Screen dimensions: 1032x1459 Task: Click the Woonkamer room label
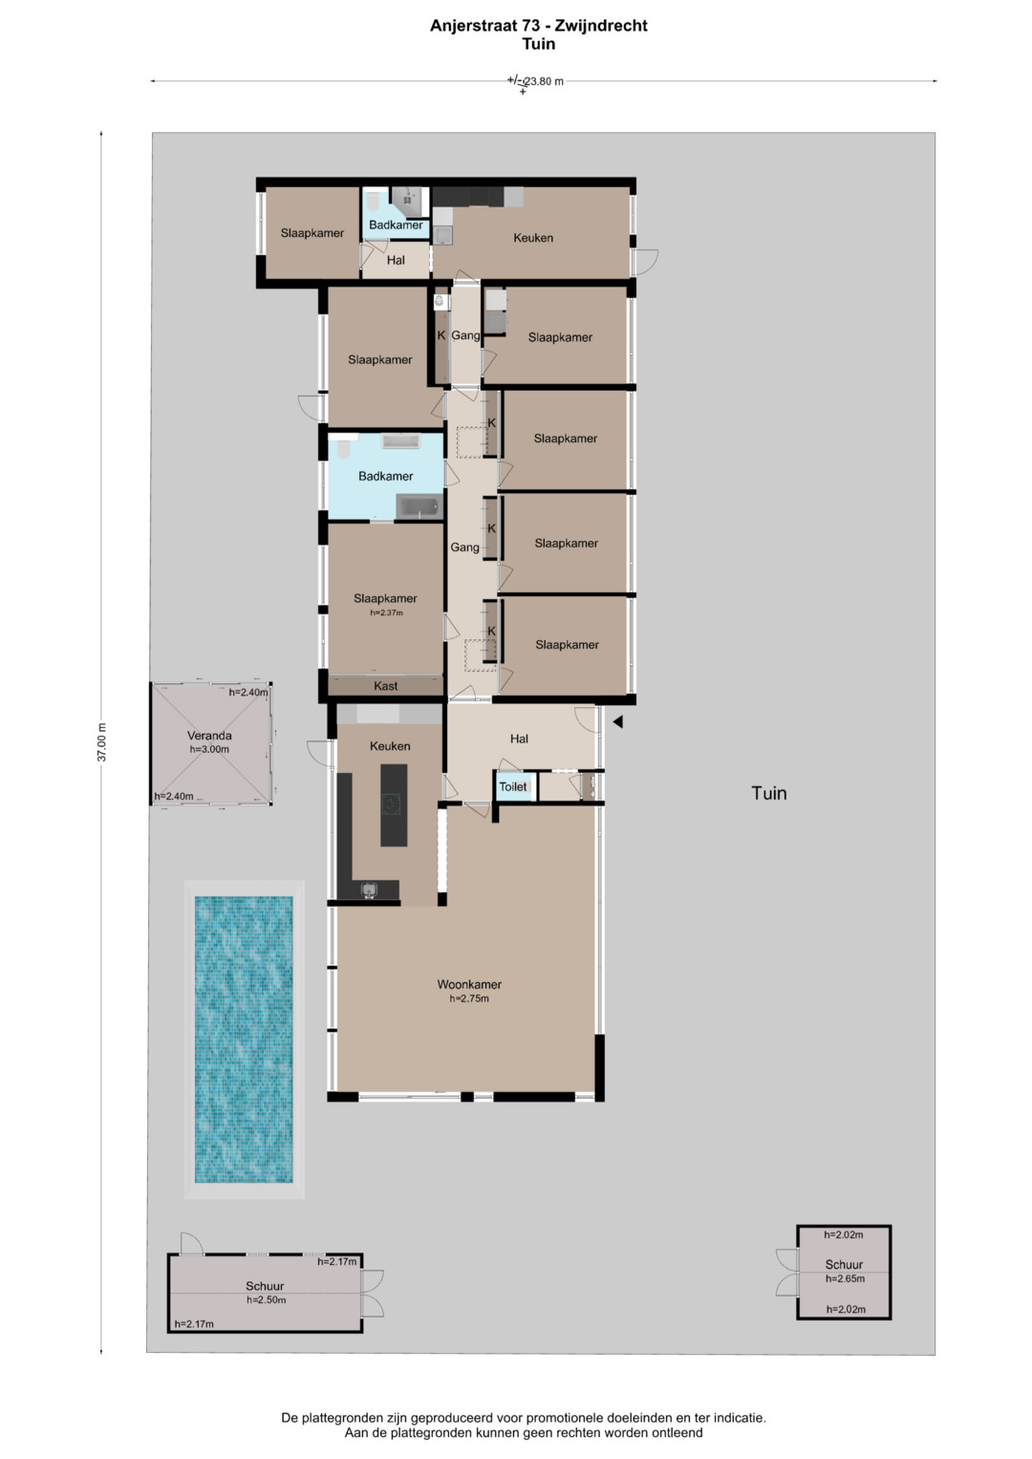[469, 984]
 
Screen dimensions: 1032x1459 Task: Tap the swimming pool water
[244, 1040]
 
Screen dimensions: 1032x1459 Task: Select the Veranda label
[209, 736]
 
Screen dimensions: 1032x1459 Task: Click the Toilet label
[513, 786]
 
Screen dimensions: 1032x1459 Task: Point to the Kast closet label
[386, 686]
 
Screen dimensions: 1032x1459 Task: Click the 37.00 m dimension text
[101, 741]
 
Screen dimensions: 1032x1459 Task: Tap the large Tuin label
[769, 793]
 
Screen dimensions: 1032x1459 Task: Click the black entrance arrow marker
[617, 721]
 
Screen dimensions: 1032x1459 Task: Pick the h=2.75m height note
[469, 998]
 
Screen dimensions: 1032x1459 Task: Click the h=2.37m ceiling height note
[386, 612]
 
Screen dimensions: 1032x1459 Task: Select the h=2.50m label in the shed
[266, 1299]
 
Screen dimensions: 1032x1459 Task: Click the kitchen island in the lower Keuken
[394, 805]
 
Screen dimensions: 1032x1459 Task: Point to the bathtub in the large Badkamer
[419, 507]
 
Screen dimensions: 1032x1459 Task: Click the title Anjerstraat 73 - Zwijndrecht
[539, 26]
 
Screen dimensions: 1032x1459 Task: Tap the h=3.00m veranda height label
[209, 750]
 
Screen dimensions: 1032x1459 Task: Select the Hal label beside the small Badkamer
[396, 260]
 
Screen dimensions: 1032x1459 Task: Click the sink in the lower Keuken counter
[370, 890]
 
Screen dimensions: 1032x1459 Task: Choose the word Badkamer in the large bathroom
[386, 476]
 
